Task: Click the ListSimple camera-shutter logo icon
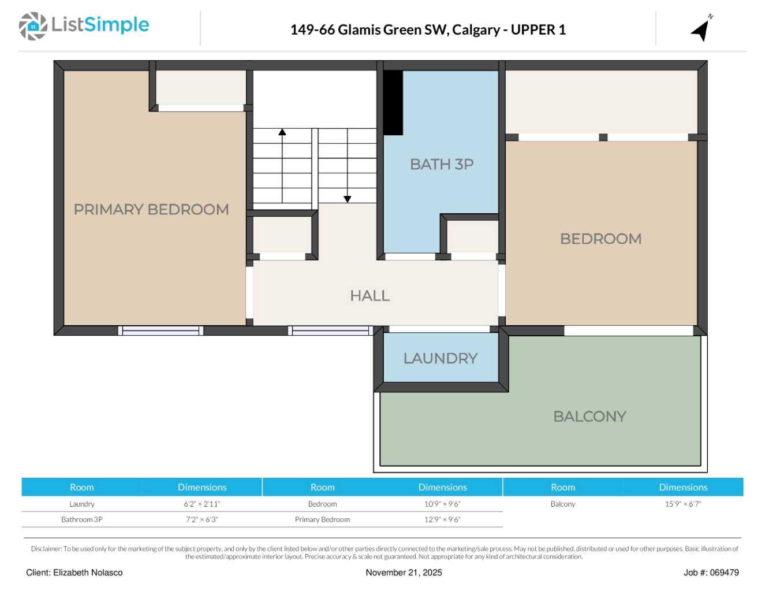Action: point(33,27)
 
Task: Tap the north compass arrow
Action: point(701,29)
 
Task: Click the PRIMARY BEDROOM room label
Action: point(151,209)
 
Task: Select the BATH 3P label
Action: point(442,164)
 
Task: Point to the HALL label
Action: point(370,296)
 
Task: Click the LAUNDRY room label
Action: point(440,359)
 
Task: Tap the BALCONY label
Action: point(589,417)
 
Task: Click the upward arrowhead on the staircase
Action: point(282,132)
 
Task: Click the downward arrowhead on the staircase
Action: point(348,199)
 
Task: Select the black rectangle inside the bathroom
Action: point(393,103)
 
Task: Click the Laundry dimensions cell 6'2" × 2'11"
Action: point(202,504)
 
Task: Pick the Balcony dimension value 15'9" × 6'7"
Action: point(683,504)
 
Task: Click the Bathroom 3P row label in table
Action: point(82,519)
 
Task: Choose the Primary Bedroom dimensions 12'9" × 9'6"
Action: point(442,519)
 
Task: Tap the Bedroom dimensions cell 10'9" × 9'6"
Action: point(442,504)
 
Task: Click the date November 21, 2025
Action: point(404,573)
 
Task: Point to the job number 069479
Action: point(724,573)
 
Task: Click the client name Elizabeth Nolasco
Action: point(88,573)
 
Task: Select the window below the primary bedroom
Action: point(161,330)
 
